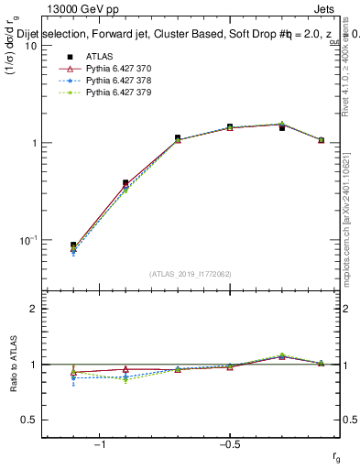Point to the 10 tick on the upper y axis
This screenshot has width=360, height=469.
tap(30, 46)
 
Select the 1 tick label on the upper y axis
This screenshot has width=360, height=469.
tap(33, 143)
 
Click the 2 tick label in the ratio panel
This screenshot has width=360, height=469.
tap(33, 309)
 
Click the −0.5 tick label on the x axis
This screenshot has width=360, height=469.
tap(229, 444)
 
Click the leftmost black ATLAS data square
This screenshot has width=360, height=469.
tap(73, 245)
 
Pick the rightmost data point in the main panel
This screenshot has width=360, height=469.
tap(321, 140)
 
